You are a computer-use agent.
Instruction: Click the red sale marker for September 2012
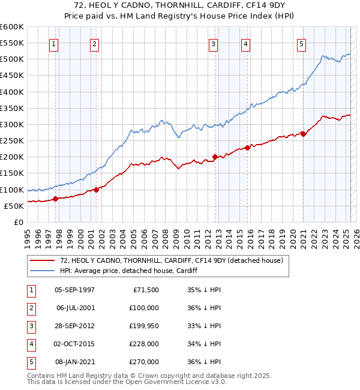(x=215, y=157)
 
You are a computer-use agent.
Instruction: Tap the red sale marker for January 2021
(x=303, y=134)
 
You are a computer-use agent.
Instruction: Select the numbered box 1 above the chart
(x=54, y=43)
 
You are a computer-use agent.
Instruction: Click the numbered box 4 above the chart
(x=246, y=43)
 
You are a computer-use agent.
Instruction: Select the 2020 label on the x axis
(x=293, y=236)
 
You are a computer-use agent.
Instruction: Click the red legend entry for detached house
(x=167, y=260)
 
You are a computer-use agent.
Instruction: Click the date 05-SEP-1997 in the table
(x=74, y=290)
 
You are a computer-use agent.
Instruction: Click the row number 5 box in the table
(x=31, y=362)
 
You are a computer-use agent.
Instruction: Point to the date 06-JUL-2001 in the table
(x=74, y=308)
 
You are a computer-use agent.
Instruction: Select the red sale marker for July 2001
(x=96, y=190)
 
